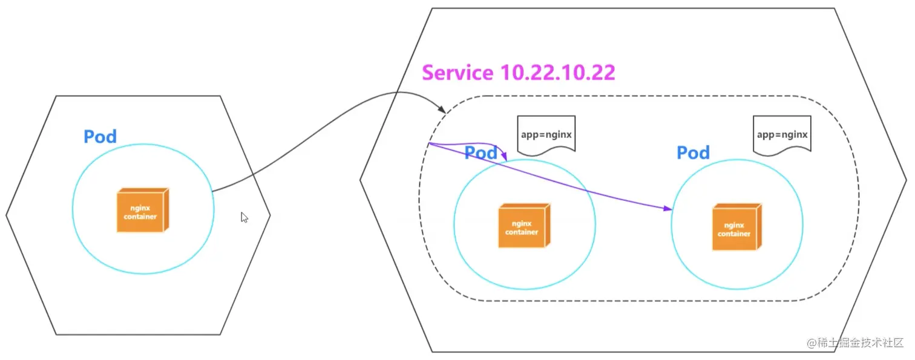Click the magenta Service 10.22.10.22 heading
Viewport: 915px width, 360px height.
point(518,73)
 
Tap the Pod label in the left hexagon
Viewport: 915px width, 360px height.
point(100,136)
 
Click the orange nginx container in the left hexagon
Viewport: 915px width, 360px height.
point(142,210)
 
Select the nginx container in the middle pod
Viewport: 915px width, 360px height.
point(524,226)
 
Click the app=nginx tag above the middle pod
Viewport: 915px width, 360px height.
point(546,134)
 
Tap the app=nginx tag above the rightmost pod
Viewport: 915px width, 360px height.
point(782,134)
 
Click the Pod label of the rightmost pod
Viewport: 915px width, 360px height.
point(693,152)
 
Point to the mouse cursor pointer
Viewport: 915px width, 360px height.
point(244,217)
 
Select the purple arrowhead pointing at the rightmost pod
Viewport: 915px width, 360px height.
point(669,209)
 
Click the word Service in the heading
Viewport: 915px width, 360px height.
point(457,73)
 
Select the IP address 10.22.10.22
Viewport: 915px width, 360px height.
point(558,73)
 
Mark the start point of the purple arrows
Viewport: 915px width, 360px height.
point(428,144)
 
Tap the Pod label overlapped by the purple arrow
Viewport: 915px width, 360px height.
point(481,152)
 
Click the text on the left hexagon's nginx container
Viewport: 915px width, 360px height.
point(140,212)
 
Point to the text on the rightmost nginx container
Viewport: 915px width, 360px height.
point(733,229)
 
